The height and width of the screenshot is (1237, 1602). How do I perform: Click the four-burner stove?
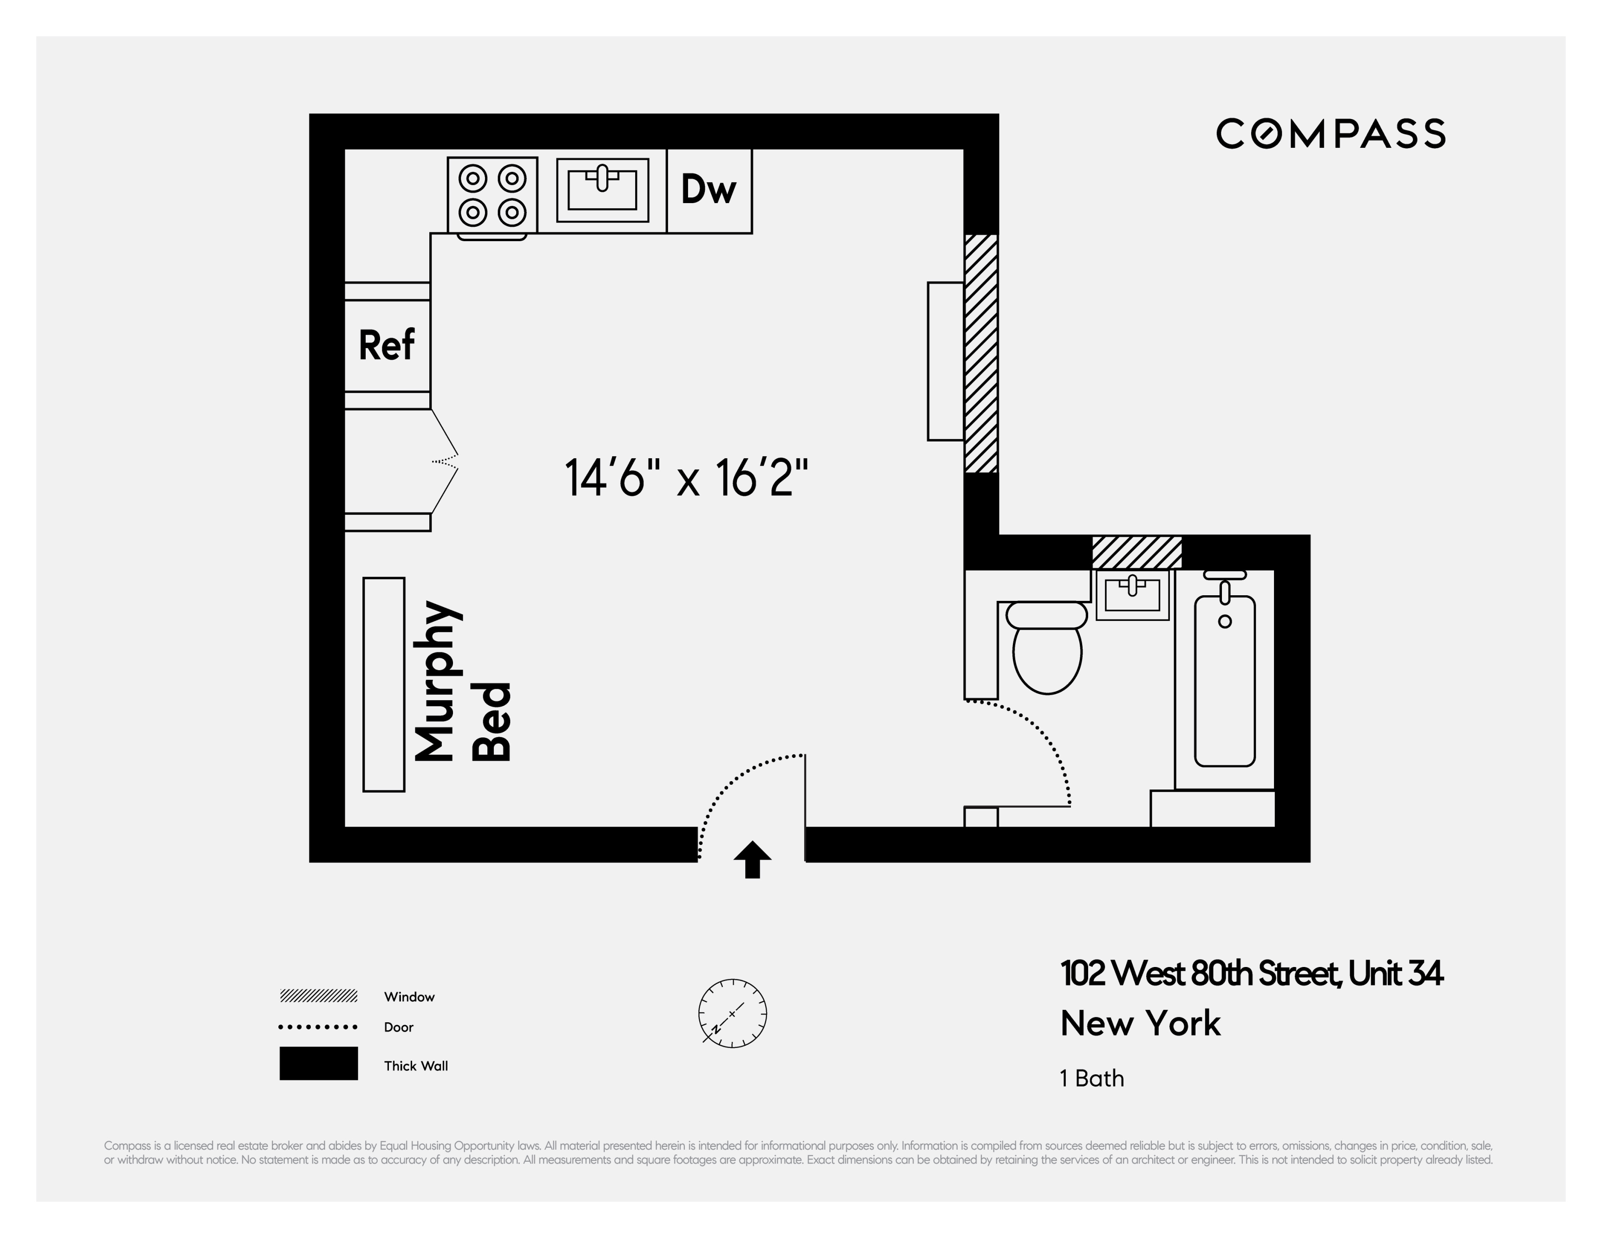pos(492,195)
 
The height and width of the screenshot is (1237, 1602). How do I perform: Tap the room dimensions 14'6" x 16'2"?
pos(687,478)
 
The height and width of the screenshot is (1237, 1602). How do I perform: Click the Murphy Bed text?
pos(462,682)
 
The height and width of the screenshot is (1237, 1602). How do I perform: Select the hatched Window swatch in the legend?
pos(318,996)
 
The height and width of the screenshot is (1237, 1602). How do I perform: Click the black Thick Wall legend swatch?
pos(318,1063)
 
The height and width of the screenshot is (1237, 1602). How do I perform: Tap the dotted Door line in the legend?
pos(318,1027)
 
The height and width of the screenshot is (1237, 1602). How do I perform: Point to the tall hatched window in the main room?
pos(981,354)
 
